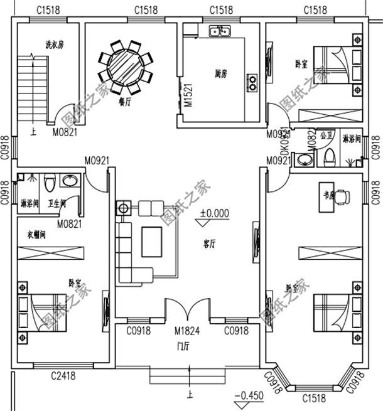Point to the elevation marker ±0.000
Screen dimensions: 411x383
[x=215, y=213]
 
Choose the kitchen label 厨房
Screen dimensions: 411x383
[x=220, y=73]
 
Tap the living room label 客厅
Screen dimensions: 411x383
[x=210, y=243]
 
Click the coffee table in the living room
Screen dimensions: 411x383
[x=153, y=242]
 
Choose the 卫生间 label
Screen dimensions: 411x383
[x=58, y=203]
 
